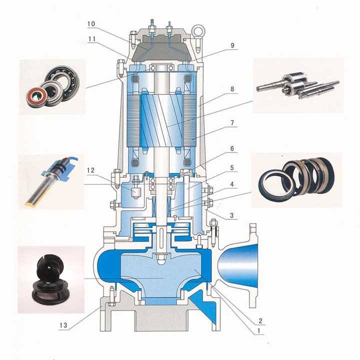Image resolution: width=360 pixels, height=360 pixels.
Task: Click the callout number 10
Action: click(x=91, y=24)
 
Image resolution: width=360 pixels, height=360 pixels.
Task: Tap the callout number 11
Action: click(x=91, y=39)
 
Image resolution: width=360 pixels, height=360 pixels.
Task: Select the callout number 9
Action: click(x=232, y=45)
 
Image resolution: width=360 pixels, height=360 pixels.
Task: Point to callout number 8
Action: click(x=232, y=89)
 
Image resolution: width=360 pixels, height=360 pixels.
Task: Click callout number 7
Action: click(x=232, y=123)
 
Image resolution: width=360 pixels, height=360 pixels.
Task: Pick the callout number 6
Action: click(x=232, y=148)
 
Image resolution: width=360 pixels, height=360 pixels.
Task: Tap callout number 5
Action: click(x=232, y=167)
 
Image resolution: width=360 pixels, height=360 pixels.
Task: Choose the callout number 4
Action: click(x=232, y=184)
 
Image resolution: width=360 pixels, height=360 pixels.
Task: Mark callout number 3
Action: click(x=232, y=215)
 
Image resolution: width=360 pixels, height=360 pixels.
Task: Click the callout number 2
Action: click(x=260, y=320)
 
